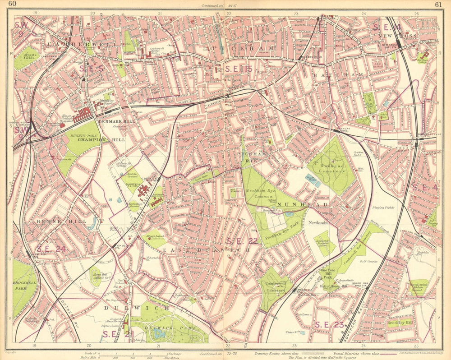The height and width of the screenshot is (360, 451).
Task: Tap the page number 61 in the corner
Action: point(438,5)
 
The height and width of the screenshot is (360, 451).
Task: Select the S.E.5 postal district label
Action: point(92,68)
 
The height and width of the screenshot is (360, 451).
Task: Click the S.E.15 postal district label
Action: point(239,69)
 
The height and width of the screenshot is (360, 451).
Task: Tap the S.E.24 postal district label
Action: point(51,248)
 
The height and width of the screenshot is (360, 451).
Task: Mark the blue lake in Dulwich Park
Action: point(159,334)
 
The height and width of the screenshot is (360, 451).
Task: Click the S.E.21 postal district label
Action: point(118,334)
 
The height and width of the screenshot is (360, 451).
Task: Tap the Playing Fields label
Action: point(384,208)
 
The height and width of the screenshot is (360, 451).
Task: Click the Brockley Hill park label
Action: point(400,323)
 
